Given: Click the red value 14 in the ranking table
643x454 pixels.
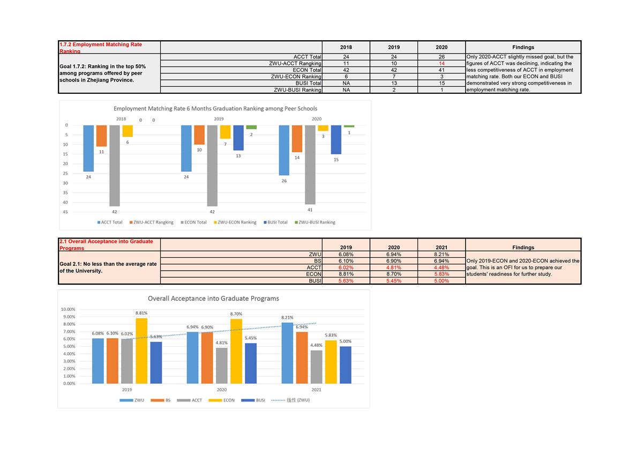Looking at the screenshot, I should (442, 63).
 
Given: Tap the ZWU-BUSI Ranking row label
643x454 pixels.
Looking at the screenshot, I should (297, 90).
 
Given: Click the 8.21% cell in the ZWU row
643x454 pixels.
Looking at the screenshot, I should (442, 255).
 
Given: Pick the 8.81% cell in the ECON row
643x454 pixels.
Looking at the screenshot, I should (346, 274).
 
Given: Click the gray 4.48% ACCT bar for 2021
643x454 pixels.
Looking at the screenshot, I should (316, 367).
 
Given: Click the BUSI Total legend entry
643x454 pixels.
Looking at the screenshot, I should (277, 222).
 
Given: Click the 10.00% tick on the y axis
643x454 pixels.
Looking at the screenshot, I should (68, 309).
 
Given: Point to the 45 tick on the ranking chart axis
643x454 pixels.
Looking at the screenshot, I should (65, 212).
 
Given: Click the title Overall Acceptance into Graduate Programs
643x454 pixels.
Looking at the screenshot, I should (213, 299).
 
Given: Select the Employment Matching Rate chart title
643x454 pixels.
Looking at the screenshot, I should (215, 109).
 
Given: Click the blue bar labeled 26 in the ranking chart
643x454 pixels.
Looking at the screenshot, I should (284, 150).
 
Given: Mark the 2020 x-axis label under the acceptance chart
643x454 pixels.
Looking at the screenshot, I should (222, 390).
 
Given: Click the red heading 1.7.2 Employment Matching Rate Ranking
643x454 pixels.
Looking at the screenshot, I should (100, 48).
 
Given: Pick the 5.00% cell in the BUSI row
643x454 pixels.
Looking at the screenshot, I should (442, 280).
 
